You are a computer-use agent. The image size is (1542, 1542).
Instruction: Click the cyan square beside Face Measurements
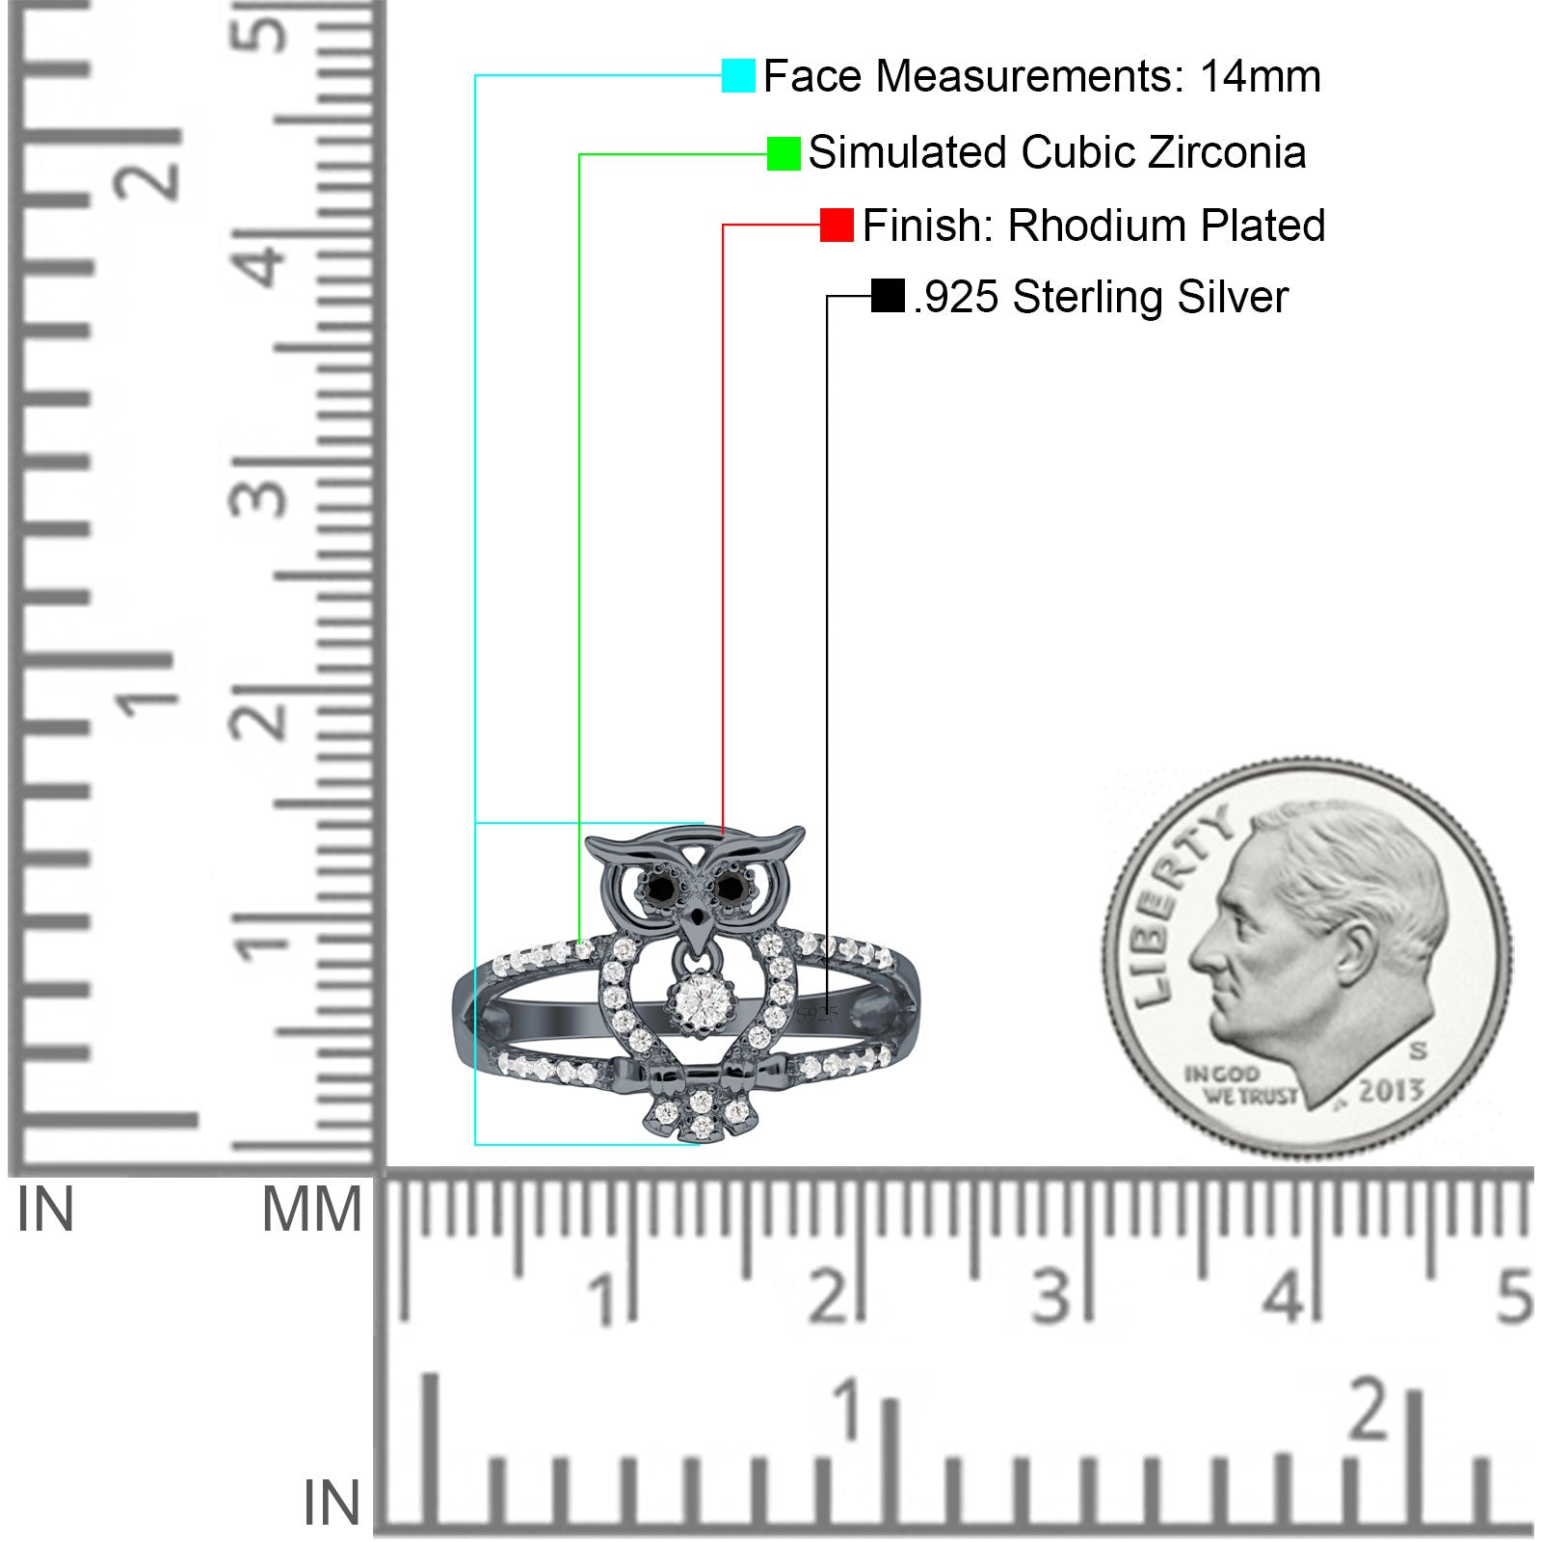click(738, 76)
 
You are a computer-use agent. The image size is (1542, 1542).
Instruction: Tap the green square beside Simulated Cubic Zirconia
click(784, 153)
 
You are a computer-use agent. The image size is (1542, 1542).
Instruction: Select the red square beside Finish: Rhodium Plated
click(837, 226)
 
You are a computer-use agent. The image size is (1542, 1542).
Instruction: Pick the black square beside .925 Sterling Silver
click(888, 296)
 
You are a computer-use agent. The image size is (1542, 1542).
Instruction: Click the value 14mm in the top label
click(1260, 76)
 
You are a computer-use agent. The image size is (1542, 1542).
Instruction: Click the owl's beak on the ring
click(696, 922)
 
